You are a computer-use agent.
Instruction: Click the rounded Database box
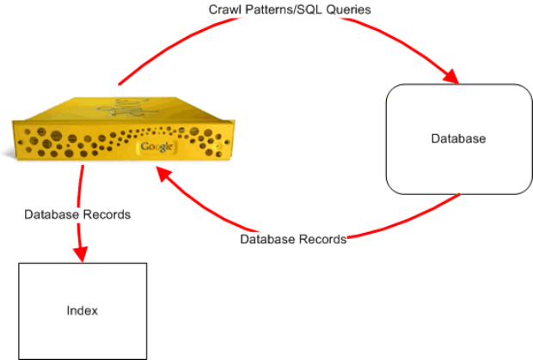pyautogui.click(x=456, y=137)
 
